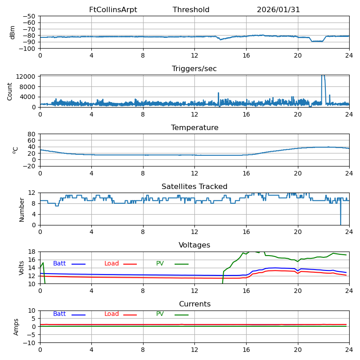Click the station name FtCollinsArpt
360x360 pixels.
113,10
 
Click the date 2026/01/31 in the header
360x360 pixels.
278,10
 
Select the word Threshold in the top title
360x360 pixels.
191,10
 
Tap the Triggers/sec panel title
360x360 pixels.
194,69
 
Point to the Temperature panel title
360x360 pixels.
194,128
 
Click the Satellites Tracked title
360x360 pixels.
194,187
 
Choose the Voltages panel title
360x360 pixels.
194,245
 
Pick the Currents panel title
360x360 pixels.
194,304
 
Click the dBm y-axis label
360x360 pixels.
13,32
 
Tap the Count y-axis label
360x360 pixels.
10,91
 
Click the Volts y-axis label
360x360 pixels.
22,268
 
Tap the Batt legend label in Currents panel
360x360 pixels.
59,314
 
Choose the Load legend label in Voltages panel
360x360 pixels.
112,264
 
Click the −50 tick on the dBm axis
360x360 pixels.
29,16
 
